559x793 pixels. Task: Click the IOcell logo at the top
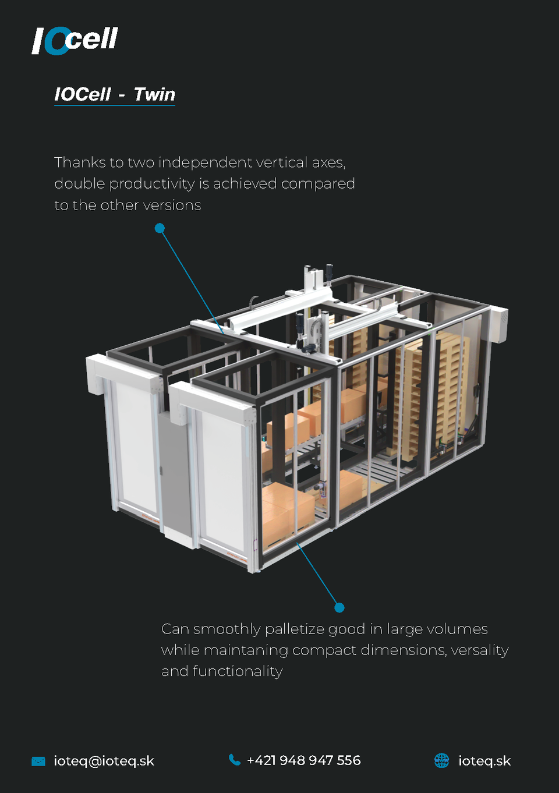(x=75, y=40)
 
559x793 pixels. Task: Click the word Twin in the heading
(x=154, y=94)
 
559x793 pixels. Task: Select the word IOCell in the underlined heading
(x=83, y=94)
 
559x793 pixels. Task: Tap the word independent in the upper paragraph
(x=204, y=162)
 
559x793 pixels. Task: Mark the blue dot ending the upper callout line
(x=160, y=228)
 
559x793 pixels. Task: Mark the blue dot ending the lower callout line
(x=339, y=608)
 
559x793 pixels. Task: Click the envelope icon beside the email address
(x=38, y=761)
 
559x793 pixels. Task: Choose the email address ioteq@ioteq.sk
(x=104, y=761)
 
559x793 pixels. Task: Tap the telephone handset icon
(x=235, y=760)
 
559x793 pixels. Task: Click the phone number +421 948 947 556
(x=303, y=760)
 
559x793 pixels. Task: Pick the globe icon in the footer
(x=442, y=760)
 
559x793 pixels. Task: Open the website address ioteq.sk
(x=484, y=761)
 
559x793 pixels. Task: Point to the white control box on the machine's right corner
(x=498, y=324)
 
